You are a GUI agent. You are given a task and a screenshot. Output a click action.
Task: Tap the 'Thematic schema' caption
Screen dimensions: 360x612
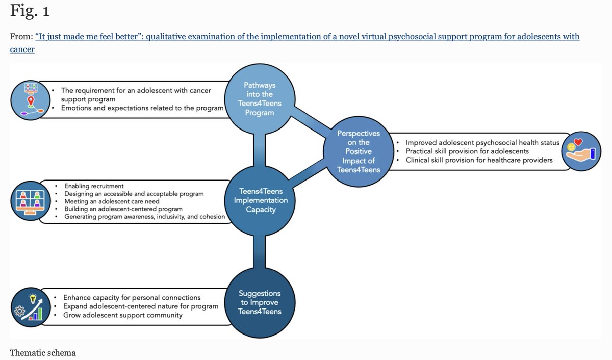point(42,352)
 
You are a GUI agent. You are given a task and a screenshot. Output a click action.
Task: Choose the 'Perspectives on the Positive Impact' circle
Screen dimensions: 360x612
point(359,151)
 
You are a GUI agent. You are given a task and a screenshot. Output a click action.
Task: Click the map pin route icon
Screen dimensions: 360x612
point(31,99)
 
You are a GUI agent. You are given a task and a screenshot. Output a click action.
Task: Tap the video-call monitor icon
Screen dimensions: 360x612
point(31,201)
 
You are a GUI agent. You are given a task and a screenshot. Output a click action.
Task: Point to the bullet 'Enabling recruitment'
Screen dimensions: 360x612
point(94,186)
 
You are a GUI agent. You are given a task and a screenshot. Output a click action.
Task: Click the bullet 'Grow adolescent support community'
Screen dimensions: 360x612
point(122,315)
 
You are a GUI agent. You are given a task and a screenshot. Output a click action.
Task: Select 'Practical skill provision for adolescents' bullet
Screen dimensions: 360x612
point(467,151)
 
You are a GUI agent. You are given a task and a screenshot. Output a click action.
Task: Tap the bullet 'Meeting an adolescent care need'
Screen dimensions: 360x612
point(112,201)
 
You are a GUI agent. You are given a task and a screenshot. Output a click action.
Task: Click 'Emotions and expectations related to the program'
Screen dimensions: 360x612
point(142,108)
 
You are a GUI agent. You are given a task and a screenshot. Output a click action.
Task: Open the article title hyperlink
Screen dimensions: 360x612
point(306,37)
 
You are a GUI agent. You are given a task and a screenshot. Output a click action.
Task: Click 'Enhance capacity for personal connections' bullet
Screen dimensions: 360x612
point(132,297)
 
